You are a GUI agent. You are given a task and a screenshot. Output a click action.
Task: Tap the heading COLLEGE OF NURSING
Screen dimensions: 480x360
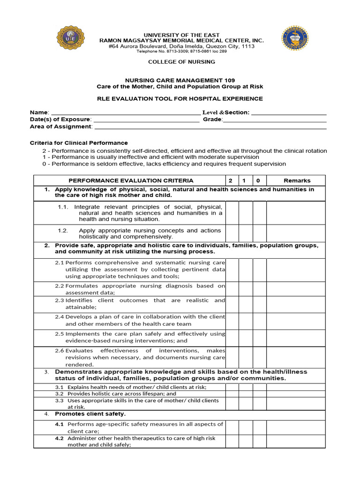[181, 62]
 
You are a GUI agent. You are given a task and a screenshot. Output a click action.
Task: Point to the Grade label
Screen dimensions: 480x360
[212, 120]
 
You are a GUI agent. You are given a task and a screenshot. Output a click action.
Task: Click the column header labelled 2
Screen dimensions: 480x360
[230, 180]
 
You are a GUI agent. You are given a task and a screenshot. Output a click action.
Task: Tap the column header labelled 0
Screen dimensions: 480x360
[259, 180]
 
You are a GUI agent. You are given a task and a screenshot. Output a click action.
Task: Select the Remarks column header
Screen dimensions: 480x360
[297, 180]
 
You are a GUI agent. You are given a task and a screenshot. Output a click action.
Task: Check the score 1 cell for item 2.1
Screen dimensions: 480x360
[246, 270]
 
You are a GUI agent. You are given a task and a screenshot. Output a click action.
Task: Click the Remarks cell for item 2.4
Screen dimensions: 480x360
[297, 320]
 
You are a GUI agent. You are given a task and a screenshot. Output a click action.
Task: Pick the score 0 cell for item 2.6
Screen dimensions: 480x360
[259, 357]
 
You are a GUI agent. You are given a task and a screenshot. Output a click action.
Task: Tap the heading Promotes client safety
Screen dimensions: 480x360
[90, 414]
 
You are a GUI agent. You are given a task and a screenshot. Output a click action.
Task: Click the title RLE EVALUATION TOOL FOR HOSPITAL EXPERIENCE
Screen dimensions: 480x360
[180, 99]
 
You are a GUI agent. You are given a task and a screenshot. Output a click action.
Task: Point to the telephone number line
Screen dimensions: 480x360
[181, 52]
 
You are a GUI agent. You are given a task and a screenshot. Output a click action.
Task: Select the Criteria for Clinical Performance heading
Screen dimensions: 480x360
[79, 143]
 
